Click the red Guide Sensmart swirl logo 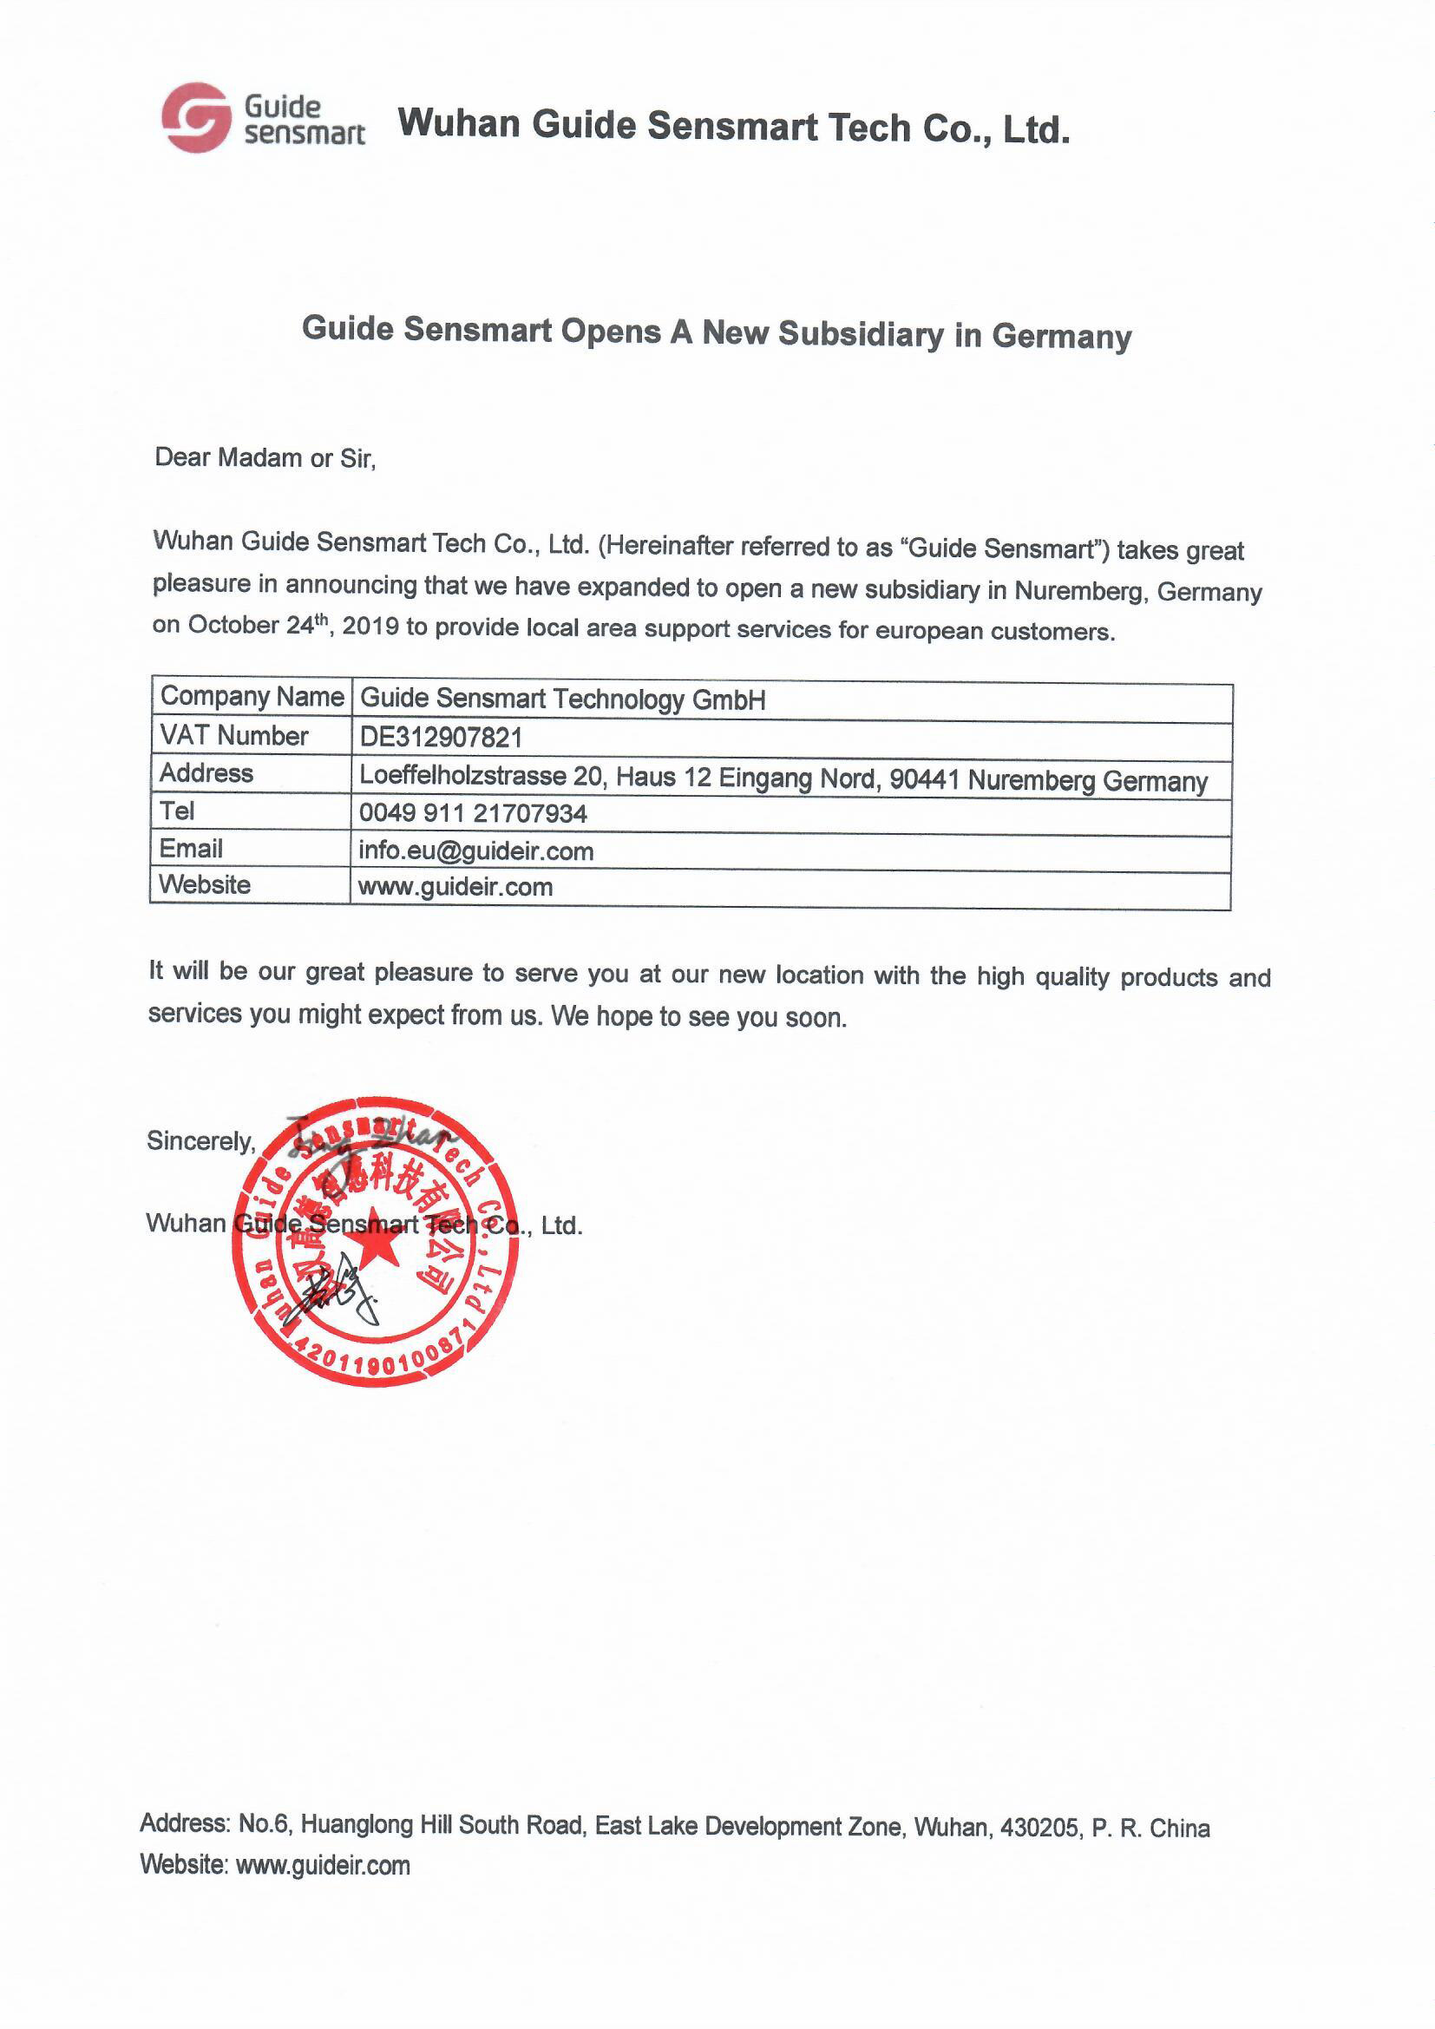(195, 117)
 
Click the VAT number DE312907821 (441, 737)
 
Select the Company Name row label (252, 696)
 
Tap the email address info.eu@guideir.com (475, 851)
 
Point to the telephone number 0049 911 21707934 (473, 813)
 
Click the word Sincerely (200, 1141)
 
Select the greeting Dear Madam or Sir (265, 457)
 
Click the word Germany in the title (1061, 337)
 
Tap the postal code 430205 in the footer (1039, 1828)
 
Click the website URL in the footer (323, 1866)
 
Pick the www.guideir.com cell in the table (455, 887)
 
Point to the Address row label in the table (206, 773)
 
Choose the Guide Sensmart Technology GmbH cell (563, 699)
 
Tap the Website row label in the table (204, 884)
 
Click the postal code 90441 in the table (924, 779)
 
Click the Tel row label (177, 811)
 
